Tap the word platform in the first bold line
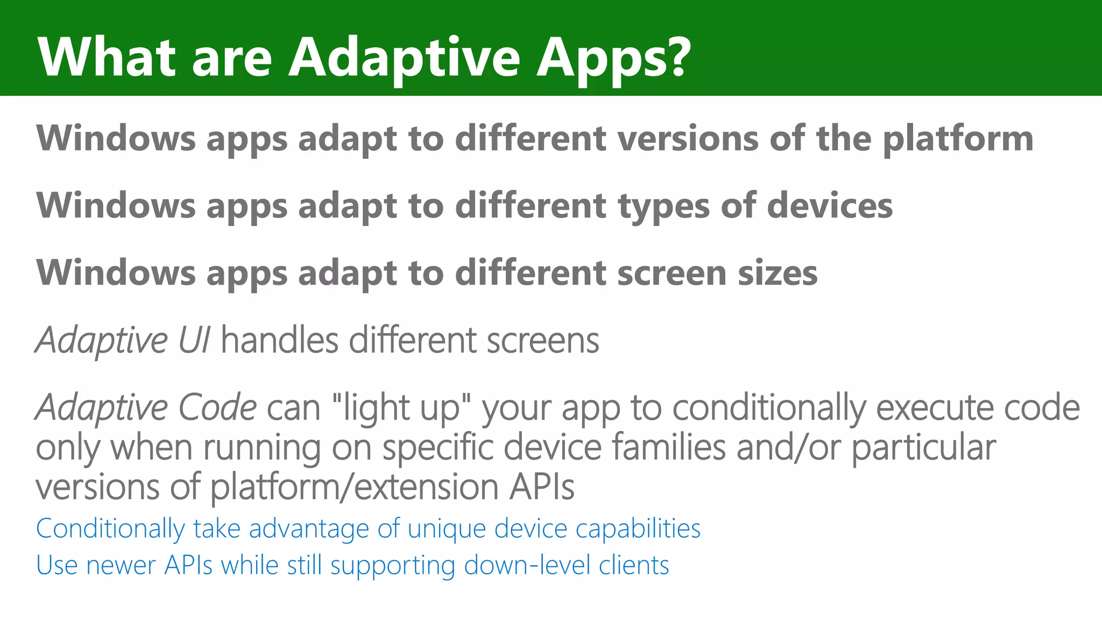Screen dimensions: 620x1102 (958, 139)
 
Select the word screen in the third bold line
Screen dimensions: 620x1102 (671, 273)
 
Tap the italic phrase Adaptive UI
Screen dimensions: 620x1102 (123, 341)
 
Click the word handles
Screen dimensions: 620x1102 (279, 341)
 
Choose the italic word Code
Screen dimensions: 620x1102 (217, 407)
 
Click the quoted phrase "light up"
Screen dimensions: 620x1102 (401, 408)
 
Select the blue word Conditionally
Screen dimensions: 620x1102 (110, 529)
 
